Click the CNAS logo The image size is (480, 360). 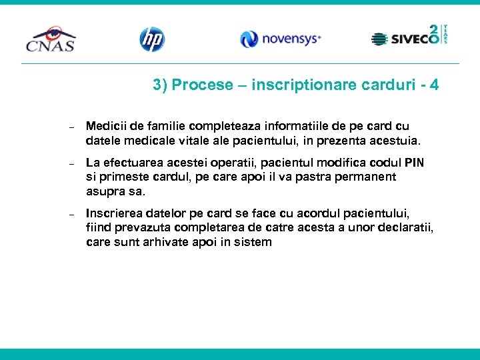[x=51, y=39]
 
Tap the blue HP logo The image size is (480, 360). [x=151, y=39]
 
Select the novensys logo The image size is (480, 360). [x=280, y=39]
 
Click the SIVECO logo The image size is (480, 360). [x=409, y=38]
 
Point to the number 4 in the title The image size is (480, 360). [x=435, y=85]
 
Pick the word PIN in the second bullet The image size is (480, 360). [x=414, y=163]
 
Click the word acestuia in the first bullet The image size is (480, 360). [x=398, y=141]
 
